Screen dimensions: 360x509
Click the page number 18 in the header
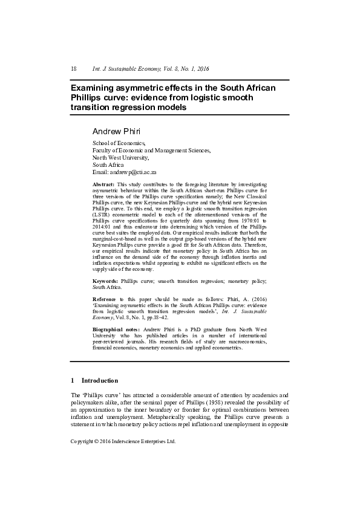tap(74, 69)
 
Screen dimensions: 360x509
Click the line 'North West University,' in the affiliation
tap(120, 157)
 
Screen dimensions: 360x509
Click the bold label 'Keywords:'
tap(105, 281)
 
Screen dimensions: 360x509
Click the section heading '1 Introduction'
tap(94, 381)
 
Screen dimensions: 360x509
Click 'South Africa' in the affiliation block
tap(108, 164)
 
